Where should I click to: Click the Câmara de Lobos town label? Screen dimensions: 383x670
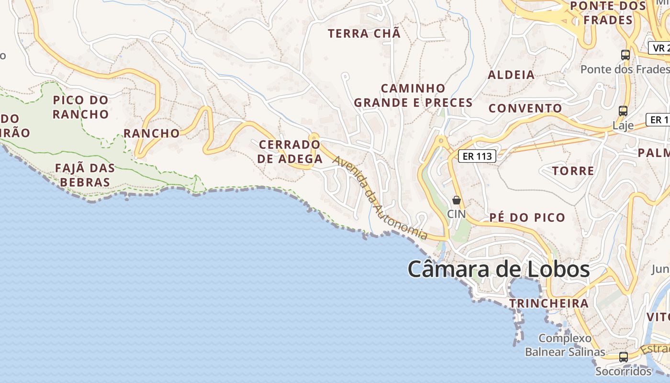click(x=498, y=270)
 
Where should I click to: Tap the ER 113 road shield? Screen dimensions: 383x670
click(x=477, y=156)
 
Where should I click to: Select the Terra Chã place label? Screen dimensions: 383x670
click(x=364, y=34)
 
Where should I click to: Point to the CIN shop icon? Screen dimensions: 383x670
click(x=456, y=200)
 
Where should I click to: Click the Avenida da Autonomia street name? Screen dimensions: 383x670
click(x=380, y=197)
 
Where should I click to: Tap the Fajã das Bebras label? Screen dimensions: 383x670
click(x=85, y=175)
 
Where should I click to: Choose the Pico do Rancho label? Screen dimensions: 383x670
click(x=81, y=107)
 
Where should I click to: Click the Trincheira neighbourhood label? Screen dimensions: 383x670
click(x=548, y=303)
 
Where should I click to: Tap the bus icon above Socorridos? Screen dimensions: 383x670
click(x=623, y=357)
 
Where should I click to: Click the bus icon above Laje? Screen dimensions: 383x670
click(x=623, y=111)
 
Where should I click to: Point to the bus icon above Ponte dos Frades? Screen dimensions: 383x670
click(x=625, y=55)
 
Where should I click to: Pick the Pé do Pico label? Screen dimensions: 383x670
click(x=527, y=218)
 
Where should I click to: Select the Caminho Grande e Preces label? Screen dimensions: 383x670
click(x=413, y=95)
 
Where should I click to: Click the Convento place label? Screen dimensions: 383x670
click(x=525, y=108)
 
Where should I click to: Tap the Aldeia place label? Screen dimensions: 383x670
click(x=511, y=75)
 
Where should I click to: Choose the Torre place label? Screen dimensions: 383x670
click(x=573, y=171)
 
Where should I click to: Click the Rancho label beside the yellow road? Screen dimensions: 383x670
click(x=151, y=133)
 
